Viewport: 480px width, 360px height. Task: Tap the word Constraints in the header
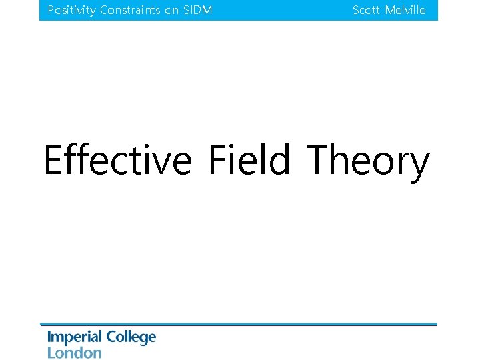[130, 11]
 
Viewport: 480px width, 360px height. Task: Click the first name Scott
[366, 11]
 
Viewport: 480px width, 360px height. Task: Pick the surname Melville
[405, 11]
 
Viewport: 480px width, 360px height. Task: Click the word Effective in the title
[117, 161]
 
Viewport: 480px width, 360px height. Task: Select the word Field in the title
[249, 161]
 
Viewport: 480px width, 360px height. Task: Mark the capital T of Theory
[318, 161]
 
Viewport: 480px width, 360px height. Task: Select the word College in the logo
[131, 338]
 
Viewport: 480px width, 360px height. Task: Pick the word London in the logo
[74, 353]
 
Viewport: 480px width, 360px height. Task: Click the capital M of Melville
[390, 11]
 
